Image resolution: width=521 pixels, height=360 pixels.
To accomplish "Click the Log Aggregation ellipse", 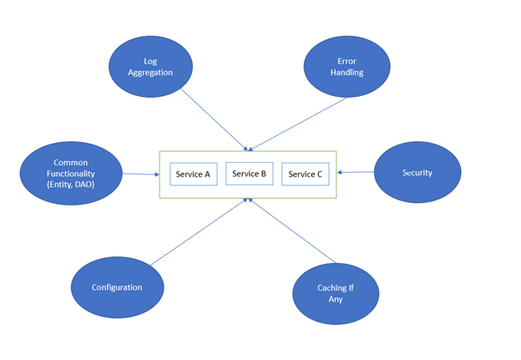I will coord(151,68).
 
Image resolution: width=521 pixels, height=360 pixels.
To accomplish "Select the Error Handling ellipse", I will coord(346,67).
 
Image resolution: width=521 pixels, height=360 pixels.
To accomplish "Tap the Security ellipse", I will coord(417,173).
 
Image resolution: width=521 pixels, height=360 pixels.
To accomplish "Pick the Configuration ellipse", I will coord(117,287).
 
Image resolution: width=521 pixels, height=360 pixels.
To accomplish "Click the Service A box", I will coord(194,175).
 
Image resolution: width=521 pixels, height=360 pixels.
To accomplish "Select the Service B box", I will coord(249,174).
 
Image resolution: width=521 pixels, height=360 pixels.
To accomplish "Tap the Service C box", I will coord(306,175).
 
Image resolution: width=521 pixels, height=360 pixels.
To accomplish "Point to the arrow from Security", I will coord(355,173).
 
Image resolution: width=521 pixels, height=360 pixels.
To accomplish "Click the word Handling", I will coord(346,73).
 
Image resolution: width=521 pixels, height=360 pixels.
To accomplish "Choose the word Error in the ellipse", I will coord(346,61).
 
